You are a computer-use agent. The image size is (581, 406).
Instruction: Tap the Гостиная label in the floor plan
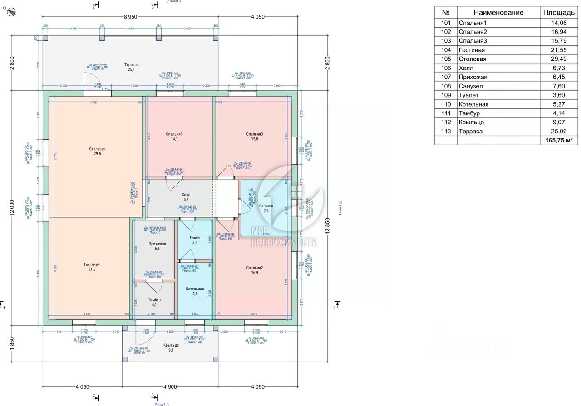tap(92, 264)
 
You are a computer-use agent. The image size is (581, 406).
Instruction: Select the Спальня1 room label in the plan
tap(174, 134)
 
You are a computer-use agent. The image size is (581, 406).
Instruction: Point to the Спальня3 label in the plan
tap(255, 134)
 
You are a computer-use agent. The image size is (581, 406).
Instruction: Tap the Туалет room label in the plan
tap(195, 237)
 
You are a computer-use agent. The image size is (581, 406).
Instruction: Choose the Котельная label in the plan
tap(195, 289)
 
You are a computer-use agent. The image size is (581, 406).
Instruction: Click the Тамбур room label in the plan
tap(154, 300)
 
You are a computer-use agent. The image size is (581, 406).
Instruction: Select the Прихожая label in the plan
tap(157, 244)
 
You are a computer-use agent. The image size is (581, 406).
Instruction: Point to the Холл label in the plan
tap(186, 194)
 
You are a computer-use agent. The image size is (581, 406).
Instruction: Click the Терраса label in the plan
tap(132, 65)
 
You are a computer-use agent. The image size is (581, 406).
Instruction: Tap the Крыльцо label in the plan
tap(171, 345)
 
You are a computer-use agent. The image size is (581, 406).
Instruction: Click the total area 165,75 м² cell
tap(558, 141)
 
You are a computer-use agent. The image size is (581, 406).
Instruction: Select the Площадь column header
tap(558, 13)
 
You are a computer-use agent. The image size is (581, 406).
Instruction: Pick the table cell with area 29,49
tap(558, 59)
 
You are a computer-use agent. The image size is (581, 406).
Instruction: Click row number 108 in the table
tap(446, 86)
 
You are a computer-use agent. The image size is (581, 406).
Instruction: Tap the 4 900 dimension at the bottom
tap(170, 387)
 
